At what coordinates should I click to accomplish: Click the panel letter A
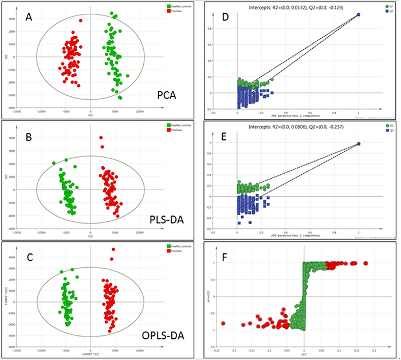[x=29, y=18]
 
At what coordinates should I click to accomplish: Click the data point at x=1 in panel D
[x=359, y=14]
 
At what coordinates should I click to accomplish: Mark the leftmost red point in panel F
[x=223, y=323]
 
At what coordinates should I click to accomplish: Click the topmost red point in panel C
[x=113, y=250]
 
